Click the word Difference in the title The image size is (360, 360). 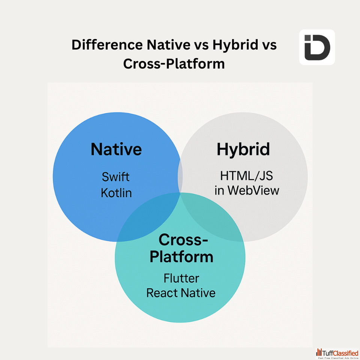(107, 45)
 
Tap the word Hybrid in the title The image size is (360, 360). (235, 45)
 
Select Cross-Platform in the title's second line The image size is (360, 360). (174, 64)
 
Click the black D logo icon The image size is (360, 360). (317, 47)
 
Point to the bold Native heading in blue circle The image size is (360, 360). (116, 149)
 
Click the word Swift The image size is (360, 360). (115, 177)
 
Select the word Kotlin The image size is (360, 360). (116, 193)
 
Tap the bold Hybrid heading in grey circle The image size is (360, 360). (243, 150)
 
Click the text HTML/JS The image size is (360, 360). (246, 176)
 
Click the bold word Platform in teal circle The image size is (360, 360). (181, 257)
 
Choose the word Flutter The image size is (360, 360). (181, 279)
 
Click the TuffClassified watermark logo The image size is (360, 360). (337, 354)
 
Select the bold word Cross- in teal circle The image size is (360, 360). (183, 240)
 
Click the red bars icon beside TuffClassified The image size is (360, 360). (319, 352)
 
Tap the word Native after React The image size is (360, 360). (198, 293)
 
